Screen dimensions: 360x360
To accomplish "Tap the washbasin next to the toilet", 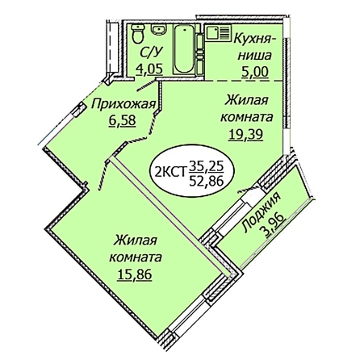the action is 158,29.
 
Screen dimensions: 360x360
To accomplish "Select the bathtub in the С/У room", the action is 184,49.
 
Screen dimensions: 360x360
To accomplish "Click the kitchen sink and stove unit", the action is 218,33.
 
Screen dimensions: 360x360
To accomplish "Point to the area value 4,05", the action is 149,69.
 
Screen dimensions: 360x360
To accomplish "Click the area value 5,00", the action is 255,72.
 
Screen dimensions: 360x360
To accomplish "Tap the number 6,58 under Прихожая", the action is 123,121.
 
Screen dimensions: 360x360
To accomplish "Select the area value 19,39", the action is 245,134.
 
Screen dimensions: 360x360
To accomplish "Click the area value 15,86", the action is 135,274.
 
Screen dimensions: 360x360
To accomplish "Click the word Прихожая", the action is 123,104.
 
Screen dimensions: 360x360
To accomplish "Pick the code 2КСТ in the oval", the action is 171,170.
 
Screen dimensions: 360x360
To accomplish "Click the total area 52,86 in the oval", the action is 207,182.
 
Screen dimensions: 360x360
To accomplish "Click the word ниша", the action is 256,57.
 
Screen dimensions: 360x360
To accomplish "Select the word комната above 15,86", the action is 136,257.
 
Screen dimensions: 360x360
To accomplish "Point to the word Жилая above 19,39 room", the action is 247,101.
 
